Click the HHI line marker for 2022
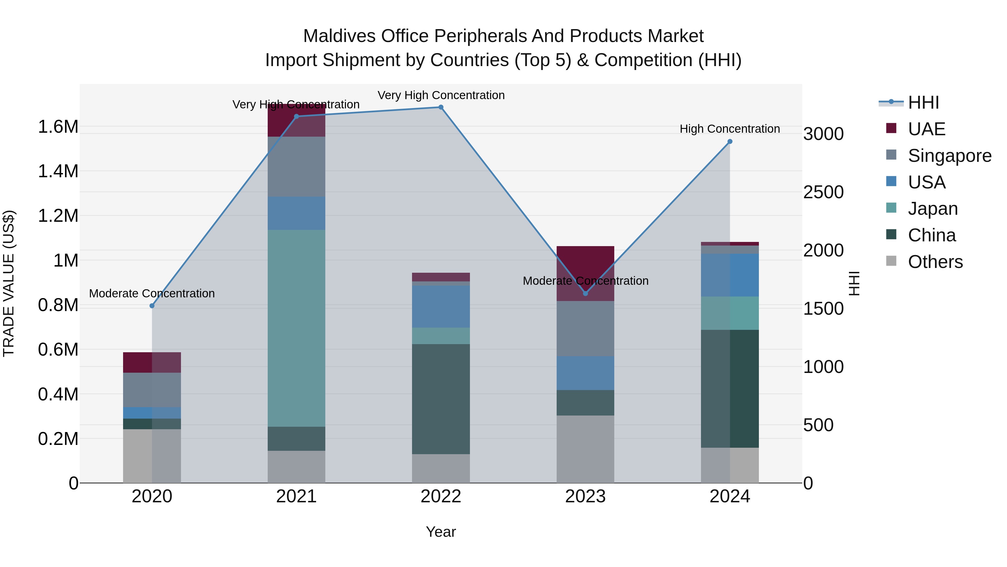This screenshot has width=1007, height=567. point(441,107)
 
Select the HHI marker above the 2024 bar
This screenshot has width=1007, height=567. point(730,142)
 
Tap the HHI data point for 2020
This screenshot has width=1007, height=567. point(152,305)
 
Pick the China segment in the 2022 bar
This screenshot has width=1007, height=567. point(441,399)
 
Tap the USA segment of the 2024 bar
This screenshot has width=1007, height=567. point(730,275)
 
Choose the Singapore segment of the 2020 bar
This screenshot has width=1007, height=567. point(152,390)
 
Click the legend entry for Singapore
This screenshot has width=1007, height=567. point(949,156)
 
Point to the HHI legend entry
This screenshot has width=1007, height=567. point(923,102)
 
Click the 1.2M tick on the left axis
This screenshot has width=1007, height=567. point(58,216)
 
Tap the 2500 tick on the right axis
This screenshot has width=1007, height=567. point(823,192)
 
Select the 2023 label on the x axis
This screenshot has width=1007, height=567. point(585,496)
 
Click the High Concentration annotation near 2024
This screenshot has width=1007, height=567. point(730,129)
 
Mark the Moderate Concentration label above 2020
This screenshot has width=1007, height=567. point(152,293)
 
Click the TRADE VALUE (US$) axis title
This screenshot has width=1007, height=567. point(9,283)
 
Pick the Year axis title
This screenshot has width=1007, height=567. point(441,532)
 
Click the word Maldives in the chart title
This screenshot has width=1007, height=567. point(339,36)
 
